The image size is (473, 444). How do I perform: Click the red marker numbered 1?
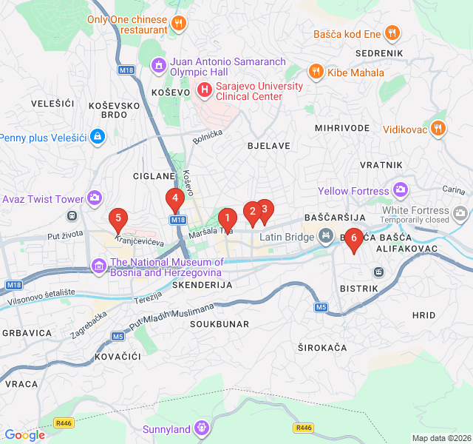pyautogui.click(x=227, y=218)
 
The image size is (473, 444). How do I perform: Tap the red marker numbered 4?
pyautogui.click(x=174, y=198)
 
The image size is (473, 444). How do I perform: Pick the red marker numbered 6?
pyautogui.click(x=353, y=238)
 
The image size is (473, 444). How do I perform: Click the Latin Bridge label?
pyautogui.click(x=286, y=237)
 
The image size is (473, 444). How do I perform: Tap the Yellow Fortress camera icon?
pyautogui.click(x=401, y=191)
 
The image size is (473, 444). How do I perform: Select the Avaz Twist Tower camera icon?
pyautogui.click(x=95, y=198)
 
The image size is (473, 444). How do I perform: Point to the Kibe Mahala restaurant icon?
pyautogui.click(x=316, y=72)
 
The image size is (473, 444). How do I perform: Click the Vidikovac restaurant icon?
pyautogui.click(x=438, y=129)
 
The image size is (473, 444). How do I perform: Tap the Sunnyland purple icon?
pyautogui.click(x=202, y=428)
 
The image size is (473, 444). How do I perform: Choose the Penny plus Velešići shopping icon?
pyautogui.click(x=97, y=137)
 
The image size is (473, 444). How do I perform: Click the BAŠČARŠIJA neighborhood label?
pyautogui.click(x=336, y=218)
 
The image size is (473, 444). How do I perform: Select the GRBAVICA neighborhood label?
pyautogui.click(x=26, y=333)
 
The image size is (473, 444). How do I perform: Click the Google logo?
pyautogui.click(x=24, y=435)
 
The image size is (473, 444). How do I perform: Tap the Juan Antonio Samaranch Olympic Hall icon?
pyautogui.click(x=157, y=66)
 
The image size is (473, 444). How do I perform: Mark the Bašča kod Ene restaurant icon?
pyautogui.click(x=392, y=33)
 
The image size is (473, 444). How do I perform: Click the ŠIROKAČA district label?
pyautogui.click(x=322, y=347)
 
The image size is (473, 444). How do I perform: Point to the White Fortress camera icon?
pyautogui.click(x=461, y=215)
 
